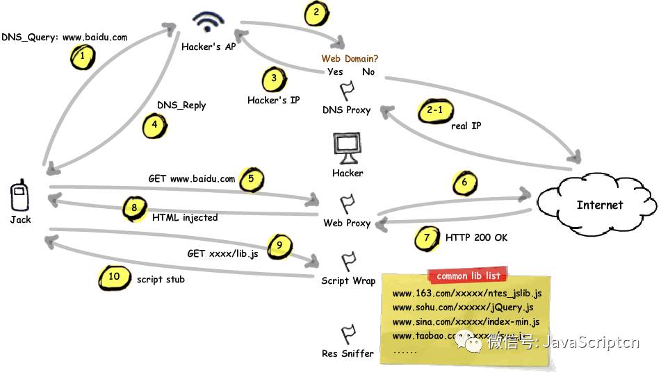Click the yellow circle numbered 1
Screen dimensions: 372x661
pyautogui.click(x=83, y=56)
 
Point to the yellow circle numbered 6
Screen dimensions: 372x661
pyautogui.click(x=465, y=183)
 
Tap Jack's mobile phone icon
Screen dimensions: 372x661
pyautogui.click(x=19, y=196)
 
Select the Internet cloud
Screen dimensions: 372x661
pyautogui.click(x=598, y=204)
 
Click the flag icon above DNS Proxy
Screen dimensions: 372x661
pyautogui.click(x=347, y=92)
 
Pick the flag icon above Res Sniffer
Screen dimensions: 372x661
pyautogui.click(x=348, y=335)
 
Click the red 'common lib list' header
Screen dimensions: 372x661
pyautogui.click(x=467, y=276)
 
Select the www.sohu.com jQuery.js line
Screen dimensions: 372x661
pyautogui.click(x=464, y=307)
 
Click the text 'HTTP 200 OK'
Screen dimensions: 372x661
pyautogui.click(x=476, y=237)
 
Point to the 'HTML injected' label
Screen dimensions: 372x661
pyautogui.click(x=185, y=217)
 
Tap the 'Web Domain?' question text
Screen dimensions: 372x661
pyautogui.click(x=350, y=59)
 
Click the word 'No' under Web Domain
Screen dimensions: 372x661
pyautogui.click(x=368, y=71)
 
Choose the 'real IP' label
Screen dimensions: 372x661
pyautogui.click(x=466, y=126)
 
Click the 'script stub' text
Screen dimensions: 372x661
pyautogui.click(x=161, y=279)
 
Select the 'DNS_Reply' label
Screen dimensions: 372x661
pyautogui.click(x=181, y=105)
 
